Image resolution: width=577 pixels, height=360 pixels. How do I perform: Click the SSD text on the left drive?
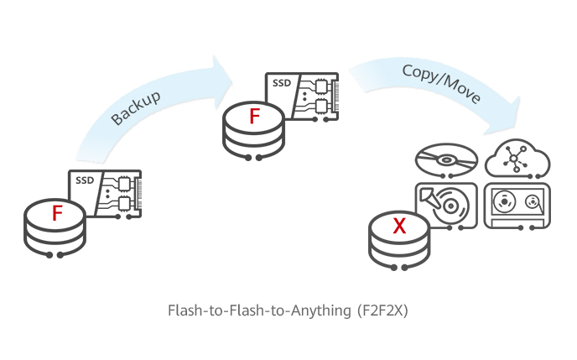click(x=85, y=180)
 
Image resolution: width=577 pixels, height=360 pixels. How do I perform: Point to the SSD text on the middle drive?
click(x=282, y=85)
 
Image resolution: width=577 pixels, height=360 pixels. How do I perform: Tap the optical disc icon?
click(x=446, y=158)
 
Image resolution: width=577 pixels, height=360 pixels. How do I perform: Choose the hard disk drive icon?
click(x=446, y=204)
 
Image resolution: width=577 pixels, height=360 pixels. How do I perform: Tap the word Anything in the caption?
click(x=314, y=310)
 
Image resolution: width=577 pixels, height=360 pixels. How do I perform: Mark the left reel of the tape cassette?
click(x=504, y=202)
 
